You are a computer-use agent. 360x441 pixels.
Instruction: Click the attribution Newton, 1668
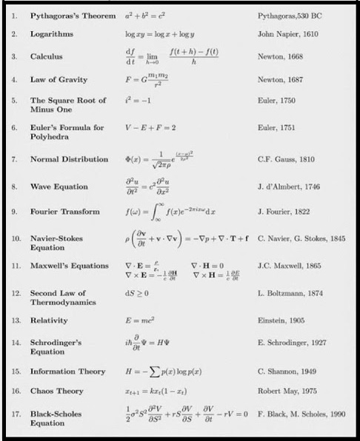tap(279, 56)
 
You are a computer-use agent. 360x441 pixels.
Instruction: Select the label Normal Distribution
tap(64, 159)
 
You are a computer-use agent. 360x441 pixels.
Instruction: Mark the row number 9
tap(14, 212)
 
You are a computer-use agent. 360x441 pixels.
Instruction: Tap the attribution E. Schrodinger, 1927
tap(292, 343)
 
